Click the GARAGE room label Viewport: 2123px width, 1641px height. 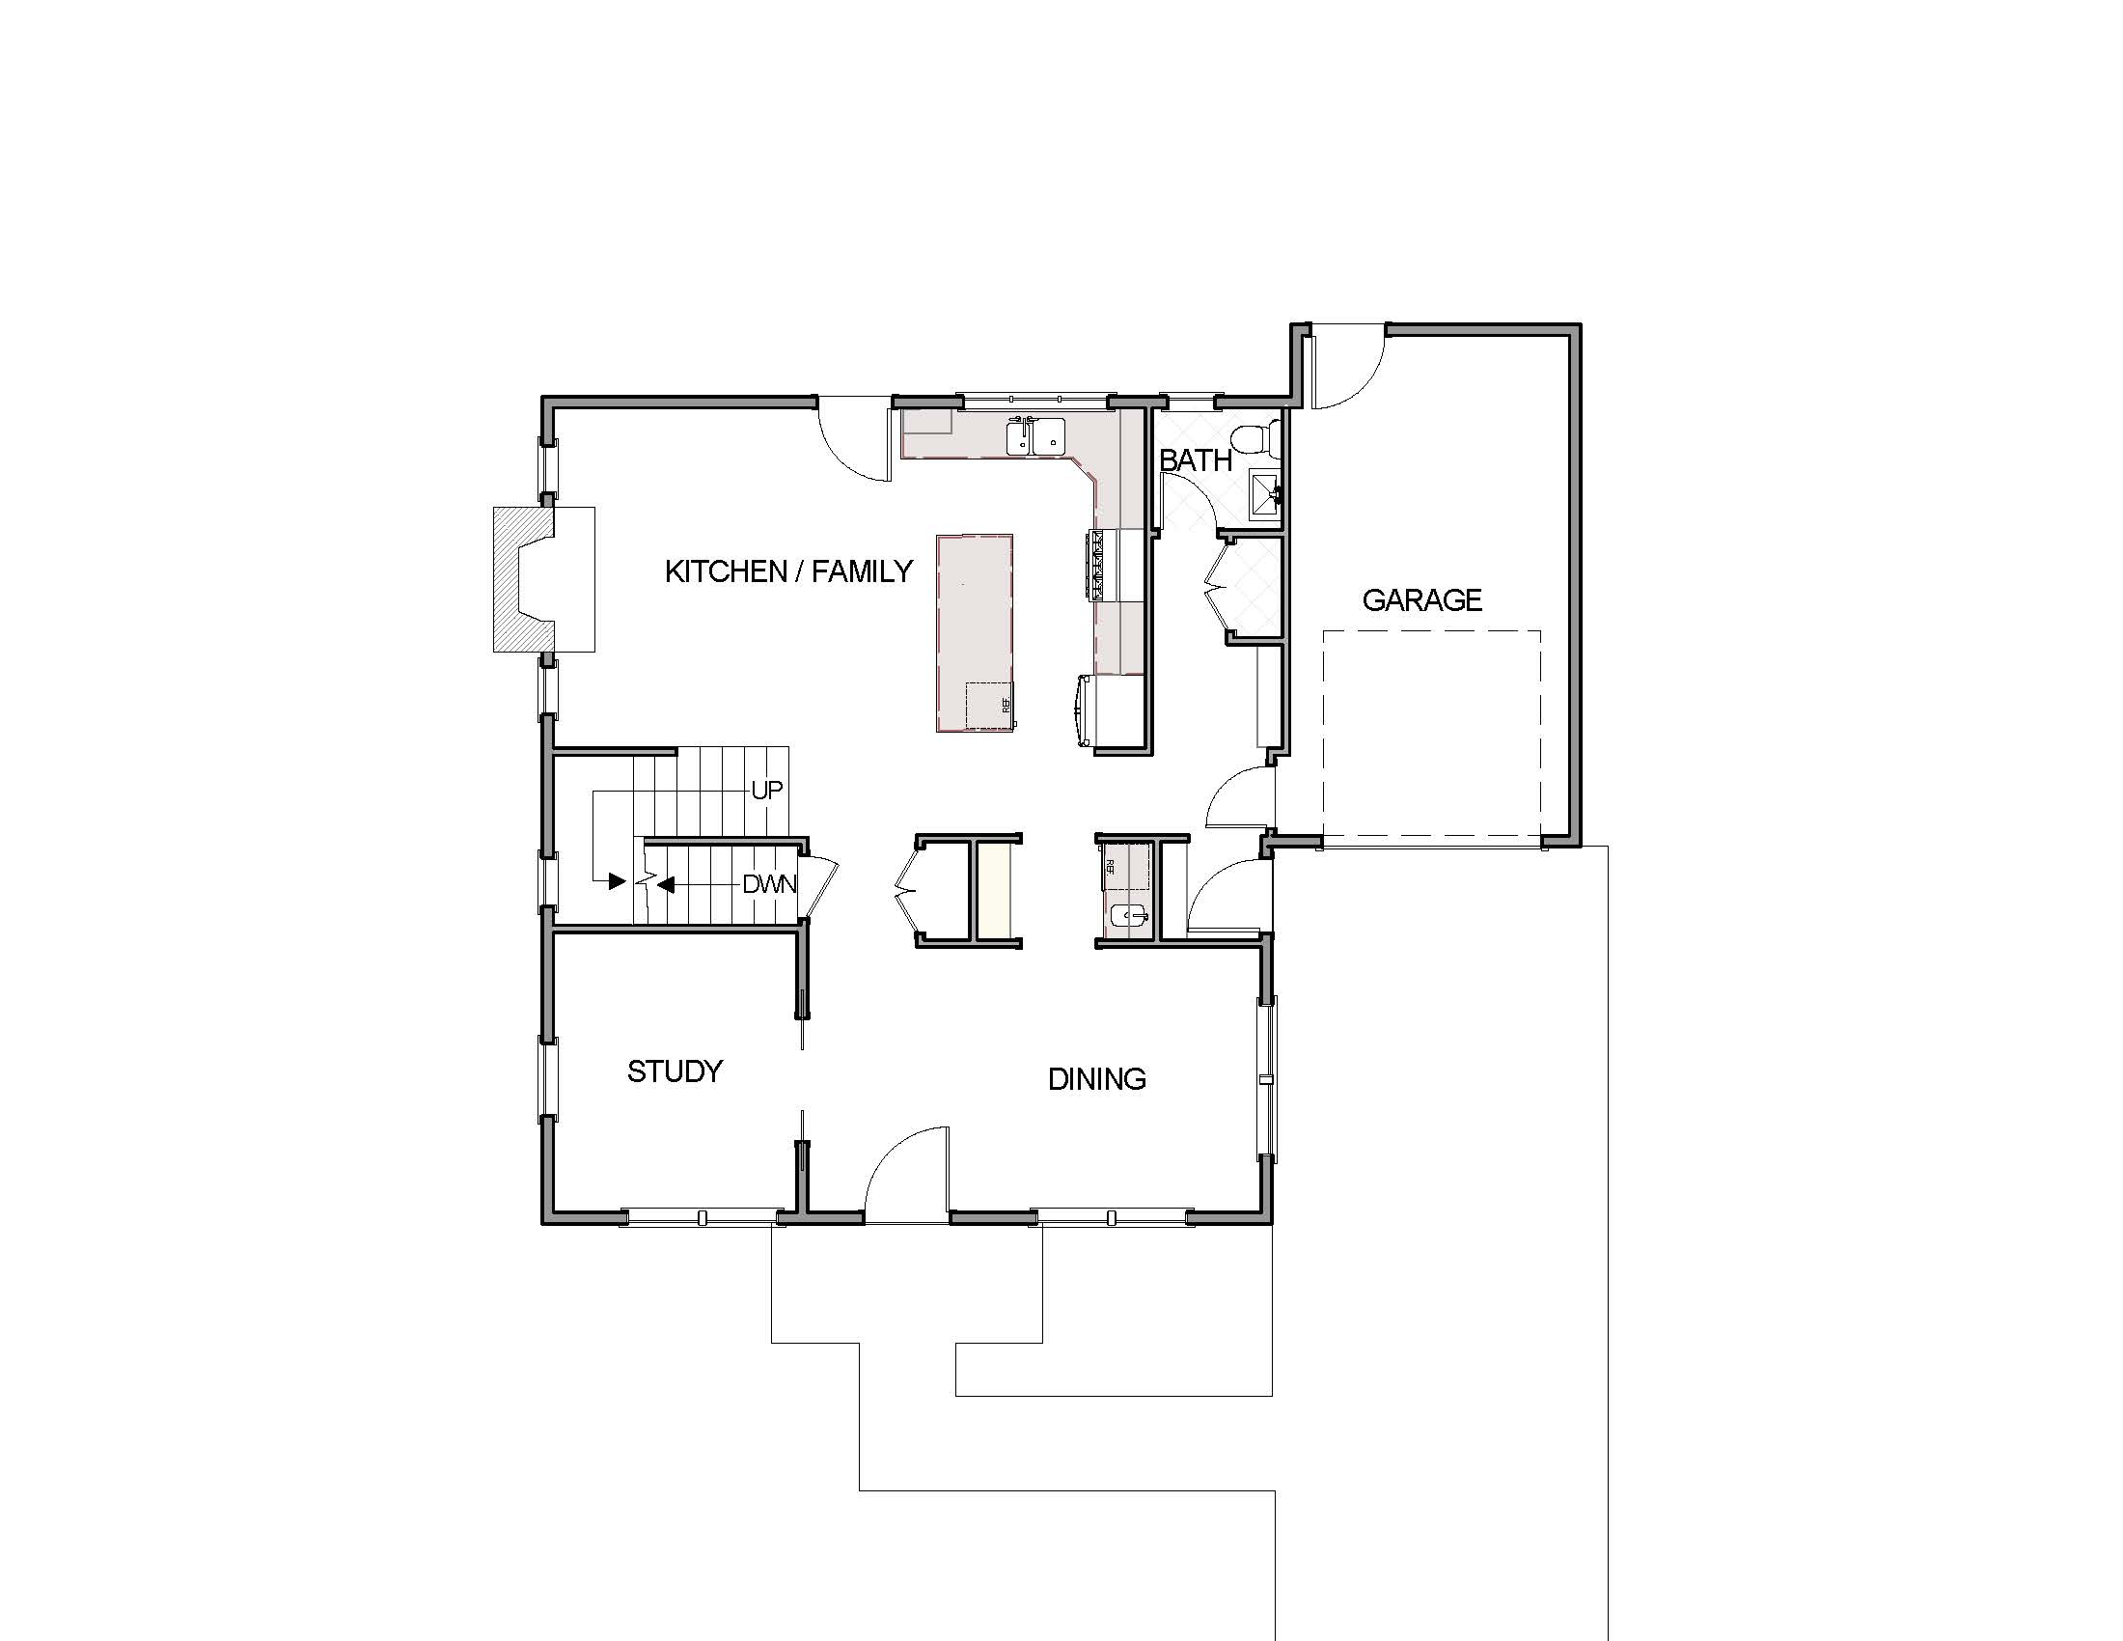click(x=1422, y=599)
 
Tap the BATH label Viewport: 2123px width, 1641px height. click(x=1196, y=459)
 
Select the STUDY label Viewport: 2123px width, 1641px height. click(x=675, y=1071)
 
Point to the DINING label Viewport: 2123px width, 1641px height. click(x=1096, y=1078)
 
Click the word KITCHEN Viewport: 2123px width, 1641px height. click(x=726, y=570)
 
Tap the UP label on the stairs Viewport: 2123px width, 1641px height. click(x=766, y=791)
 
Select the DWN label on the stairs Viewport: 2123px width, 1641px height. click(x=769, y=883)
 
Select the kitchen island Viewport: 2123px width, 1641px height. click(x=975, y=632)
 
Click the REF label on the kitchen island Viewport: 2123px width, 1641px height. click(x=1006, y=704)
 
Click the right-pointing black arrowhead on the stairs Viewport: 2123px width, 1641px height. click(x=618, y=881)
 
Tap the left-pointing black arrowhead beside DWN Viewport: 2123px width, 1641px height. click(x=666, y=883)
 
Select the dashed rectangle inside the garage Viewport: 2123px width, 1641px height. click(x=1432, y=734)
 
